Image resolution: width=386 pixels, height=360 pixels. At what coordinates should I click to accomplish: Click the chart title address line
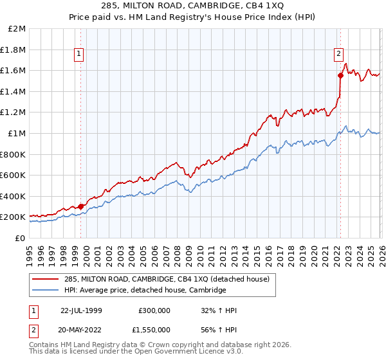pyautogui.click(x=193, y=6)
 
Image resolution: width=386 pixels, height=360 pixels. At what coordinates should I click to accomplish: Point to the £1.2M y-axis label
pyautogui.click(x=14, y=113)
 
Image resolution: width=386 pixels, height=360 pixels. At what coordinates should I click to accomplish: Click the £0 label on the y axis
pyautogui.click(x=21, y=238)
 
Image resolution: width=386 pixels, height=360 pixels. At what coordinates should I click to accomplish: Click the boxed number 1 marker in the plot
pyautogui.click(x=78, y=55)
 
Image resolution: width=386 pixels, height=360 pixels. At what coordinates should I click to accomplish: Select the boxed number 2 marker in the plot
pyautogui.click(x=338, y=55)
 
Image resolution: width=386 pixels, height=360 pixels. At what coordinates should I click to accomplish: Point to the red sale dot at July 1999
pyautogui.click(x=81, y=206)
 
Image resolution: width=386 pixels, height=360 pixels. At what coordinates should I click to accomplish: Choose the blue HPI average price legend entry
pyautogui.click(x=145, y=291)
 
